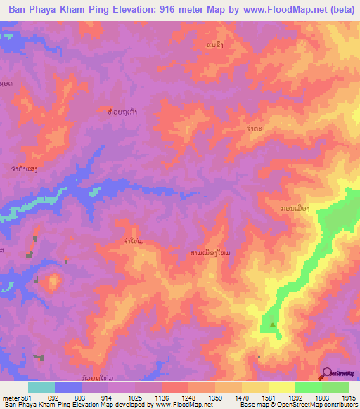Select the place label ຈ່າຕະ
click(x=255, y=129)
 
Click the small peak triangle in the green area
click(x=272, y=324)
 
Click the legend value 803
click(x=82, y=396)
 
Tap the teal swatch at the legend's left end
click(x=41, y=387)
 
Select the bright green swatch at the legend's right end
click(x=335, y=387)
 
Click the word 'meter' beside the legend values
click(x=10, y=396)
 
